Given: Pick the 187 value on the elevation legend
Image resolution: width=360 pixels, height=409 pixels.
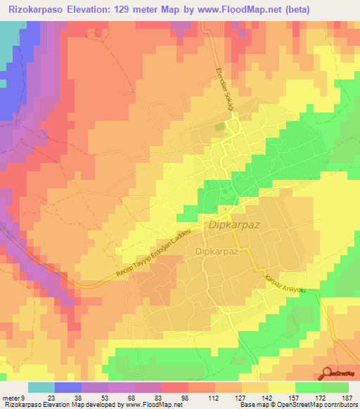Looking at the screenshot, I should [x=347, y=397].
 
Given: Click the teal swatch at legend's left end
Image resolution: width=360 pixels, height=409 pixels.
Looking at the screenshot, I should [x=41, y=387].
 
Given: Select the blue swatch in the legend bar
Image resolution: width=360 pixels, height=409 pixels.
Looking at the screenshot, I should [x=67, y=387].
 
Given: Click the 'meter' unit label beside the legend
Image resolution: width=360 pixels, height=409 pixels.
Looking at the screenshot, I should [x=12, y=397].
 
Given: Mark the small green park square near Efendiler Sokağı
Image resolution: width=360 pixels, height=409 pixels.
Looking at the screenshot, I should [x=220, y=126].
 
